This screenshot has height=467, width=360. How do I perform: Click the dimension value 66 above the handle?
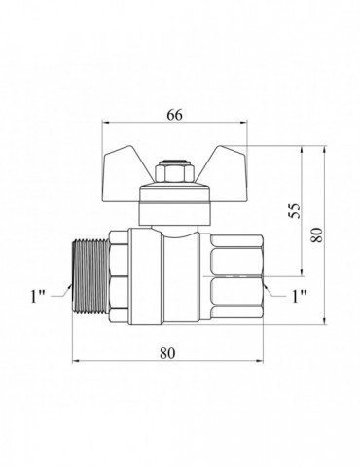click(x=175, y=115)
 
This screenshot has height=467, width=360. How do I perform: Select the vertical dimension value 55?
click(x=296, y=211)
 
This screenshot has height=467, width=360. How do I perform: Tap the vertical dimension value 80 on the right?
click(x=317, y=235)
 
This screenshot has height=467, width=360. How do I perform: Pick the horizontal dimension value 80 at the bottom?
click(x=167, y=353)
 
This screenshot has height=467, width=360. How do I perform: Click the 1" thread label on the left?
click(x=37, y=296)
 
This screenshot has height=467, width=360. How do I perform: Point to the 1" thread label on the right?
click(x=300, y=296)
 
